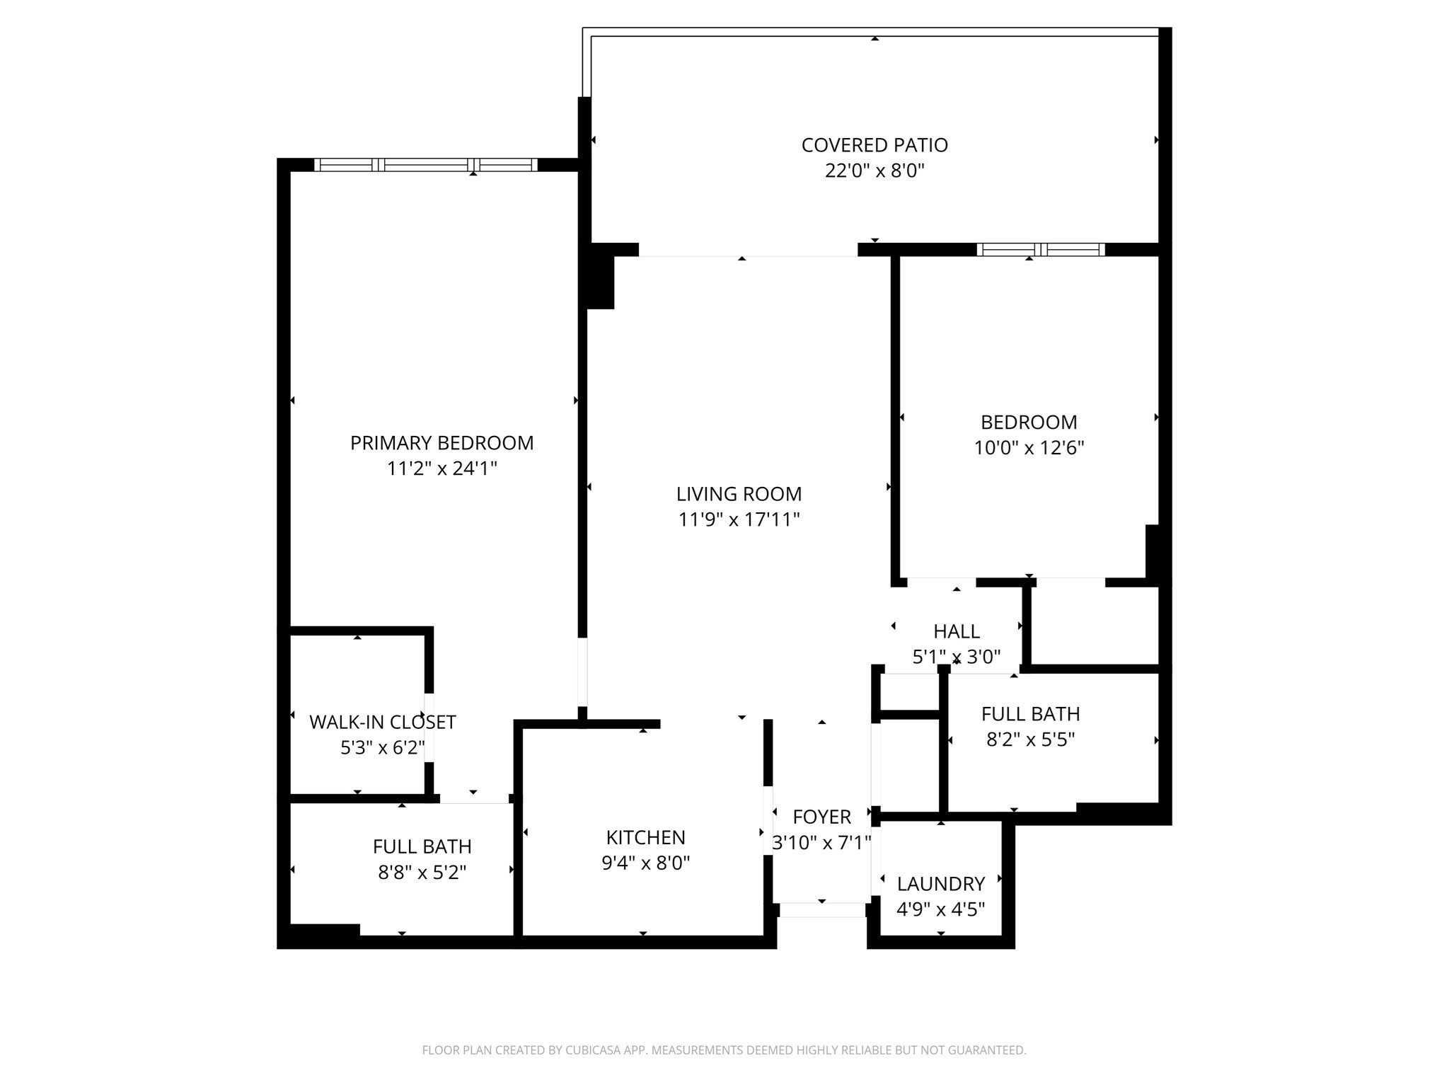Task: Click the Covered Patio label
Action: point(874,145)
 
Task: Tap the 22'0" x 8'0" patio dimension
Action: point(874,171)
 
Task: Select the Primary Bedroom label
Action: point(441,443)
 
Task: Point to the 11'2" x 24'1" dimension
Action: point(441,468)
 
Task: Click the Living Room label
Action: point(739,494)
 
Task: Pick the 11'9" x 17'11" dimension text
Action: point(739,520)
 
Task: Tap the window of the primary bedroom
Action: point(425,165)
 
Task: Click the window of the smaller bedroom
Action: point(1040,249)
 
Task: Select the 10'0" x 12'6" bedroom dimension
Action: point(1029,448)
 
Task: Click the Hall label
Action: point(956,631)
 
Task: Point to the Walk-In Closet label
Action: point(382,723)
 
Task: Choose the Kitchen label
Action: point(645,837)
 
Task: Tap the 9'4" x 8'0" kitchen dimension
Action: point(645,863)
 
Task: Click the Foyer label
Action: point(821,817)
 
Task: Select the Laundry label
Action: point(940,884)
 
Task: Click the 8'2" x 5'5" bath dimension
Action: point(1030,740)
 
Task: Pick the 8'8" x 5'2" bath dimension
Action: point(422,873)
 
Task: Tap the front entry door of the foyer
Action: point(821,910)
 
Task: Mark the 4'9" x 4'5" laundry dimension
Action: point(940,909)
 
